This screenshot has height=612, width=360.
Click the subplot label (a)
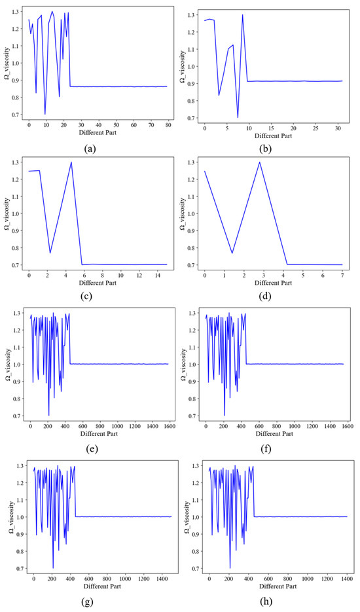tap(92, 147)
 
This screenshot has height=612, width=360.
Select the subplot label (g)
tap(92, 601)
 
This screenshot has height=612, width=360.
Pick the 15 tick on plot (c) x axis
tap(166, 276)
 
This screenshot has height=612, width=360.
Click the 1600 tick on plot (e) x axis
tap(169, 426)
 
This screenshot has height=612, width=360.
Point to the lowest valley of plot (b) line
tap(238, 118)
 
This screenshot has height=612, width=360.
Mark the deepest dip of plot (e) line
tap(48, 416)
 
